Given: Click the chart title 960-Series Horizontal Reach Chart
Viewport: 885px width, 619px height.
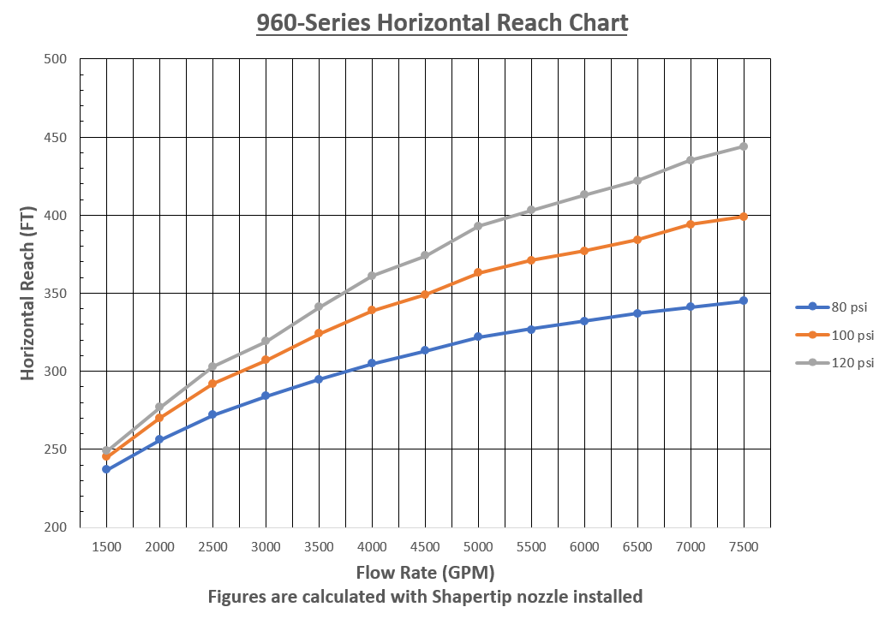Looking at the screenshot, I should pos(442,22).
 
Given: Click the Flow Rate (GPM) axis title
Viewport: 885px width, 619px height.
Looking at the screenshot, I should pos(425,571).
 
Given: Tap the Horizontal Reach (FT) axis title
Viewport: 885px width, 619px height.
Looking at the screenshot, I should pos(27,293).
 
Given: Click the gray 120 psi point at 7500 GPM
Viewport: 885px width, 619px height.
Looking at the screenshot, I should pos(744,146).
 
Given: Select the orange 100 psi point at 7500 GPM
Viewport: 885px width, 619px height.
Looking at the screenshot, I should pos(744,217).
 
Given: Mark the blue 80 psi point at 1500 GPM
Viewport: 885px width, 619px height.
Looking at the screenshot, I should pos(106,469).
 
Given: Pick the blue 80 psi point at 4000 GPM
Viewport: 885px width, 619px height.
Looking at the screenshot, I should pos(372,363).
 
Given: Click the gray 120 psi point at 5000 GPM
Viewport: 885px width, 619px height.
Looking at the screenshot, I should pos(478,226).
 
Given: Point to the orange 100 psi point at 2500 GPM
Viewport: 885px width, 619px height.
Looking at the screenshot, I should pos(212,384).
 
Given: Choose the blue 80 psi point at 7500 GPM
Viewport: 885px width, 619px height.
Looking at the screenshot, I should pos(744,301).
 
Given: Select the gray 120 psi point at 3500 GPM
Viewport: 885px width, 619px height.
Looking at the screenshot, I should pos(319,307).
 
